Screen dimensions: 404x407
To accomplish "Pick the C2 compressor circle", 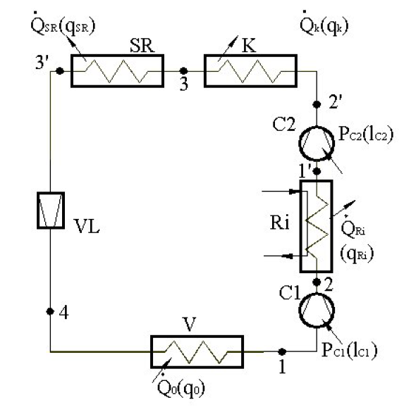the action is click(x=299, y=144).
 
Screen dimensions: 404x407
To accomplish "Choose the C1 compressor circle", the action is click(x=299, y=311).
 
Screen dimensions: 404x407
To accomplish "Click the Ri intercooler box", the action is click(x=301, y=226).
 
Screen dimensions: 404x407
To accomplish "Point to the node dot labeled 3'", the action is click(x=60, y=70).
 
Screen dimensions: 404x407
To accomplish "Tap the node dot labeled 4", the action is click(x=50, y=311).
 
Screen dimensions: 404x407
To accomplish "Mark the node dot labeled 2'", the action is click(x=317, y=104).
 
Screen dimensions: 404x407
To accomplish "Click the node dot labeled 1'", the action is click(x=317, y=171).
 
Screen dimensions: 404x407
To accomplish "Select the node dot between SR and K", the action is click(x=183, y=70).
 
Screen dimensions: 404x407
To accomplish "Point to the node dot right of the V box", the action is click(x=282, y=351).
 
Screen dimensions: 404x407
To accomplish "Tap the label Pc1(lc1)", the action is click(x=349, y=350).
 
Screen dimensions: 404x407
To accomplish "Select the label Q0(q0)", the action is click(x=181, y=387).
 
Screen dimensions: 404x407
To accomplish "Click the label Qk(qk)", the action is click(x=324, y=25).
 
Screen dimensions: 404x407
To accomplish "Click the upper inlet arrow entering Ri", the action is click(x=281, y=192).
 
